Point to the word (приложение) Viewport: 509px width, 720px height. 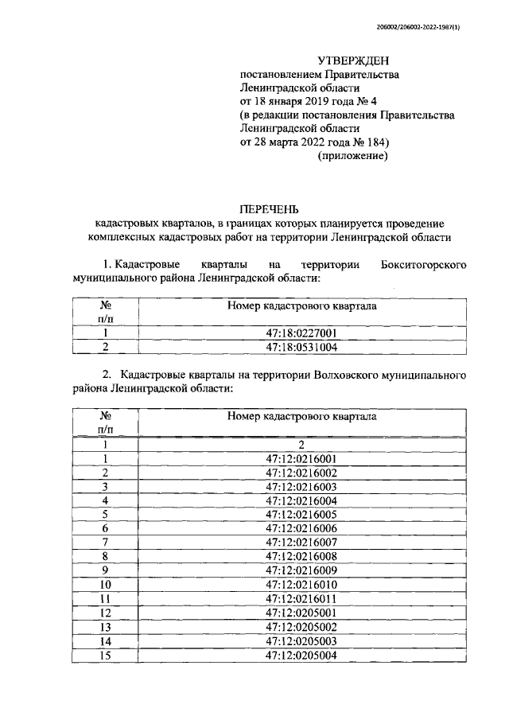pos(353,156)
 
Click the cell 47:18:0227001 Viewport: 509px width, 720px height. pos(301,334)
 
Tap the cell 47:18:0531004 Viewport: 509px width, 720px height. pos(301,348)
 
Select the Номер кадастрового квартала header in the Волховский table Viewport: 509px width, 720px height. pos(301,415)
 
